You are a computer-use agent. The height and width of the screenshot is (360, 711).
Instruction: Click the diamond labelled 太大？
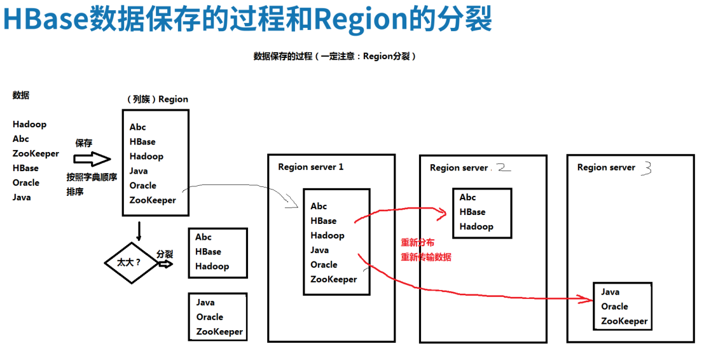pos(130,262)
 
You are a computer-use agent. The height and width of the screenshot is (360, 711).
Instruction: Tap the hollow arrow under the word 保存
pos(92,159)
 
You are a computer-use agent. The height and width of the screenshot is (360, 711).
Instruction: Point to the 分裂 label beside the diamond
pos(165,253)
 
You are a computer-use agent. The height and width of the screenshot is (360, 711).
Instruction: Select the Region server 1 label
pos(310,167)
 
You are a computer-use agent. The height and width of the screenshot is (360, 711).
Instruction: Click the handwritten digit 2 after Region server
pos(502,167)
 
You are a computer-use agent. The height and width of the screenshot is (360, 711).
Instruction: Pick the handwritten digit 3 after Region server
pos(646,167)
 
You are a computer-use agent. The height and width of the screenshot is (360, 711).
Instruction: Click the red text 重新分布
pos(418,242)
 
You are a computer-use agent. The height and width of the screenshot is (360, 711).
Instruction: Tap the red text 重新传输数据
pos(425,257)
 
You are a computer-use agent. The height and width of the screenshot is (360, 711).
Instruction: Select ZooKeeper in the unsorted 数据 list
pos(36,153)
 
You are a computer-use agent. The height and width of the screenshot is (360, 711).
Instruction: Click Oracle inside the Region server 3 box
pos(614,307)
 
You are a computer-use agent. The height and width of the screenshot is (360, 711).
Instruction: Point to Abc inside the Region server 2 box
pos(468,197)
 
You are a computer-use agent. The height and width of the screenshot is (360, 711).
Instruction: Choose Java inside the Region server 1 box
pos(319,250)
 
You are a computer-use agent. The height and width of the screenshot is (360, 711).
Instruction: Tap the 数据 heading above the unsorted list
pos(21,95)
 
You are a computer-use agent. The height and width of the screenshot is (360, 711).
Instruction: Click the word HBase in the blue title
pos(46,20)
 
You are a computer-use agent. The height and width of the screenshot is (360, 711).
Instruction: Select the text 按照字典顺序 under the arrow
pos(92,177)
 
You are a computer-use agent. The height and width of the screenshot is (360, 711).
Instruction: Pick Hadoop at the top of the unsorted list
pos(29,124)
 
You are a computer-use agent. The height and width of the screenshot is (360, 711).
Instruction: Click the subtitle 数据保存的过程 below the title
pos(283,56)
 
